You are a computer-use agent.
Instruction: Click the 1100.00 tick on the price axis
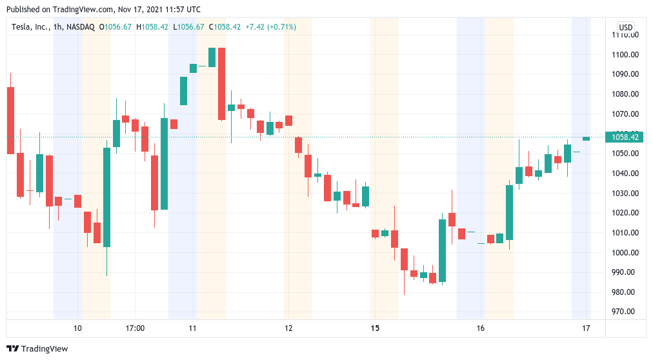coord(626,54)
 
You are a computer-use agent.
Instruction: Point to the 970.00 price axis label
coord(626,312)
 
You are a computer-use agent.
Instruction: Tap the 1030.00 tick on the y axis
coord(626,194)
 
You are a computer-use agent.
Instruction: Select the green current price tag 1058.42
coord(625,137)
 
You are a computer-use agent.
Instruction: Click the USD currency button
coord(625,27)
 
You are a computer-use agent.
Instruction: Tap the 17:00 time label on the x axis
coord(135,328)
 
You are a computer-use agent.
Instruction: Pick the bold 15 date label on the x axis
coord(375,328)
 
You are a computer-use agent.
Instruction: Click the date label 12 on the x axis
coord(288,328)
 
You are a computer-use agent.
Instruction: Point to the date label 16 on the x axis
coord(481,328)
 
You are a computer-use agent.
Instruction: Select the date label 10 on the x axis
coord(77,328)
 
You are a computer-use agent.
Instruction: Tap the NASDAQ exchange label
coord(81,27)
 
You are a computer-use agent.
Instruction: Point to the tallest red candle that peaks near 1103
coord(221,84)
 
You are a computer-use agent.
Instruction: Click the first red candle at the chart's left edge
coord(10,120)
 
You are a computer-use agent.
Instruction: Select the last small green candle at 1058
coord(586,139)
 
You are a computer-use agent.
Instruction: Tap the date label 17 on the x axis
coord(586,328)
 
